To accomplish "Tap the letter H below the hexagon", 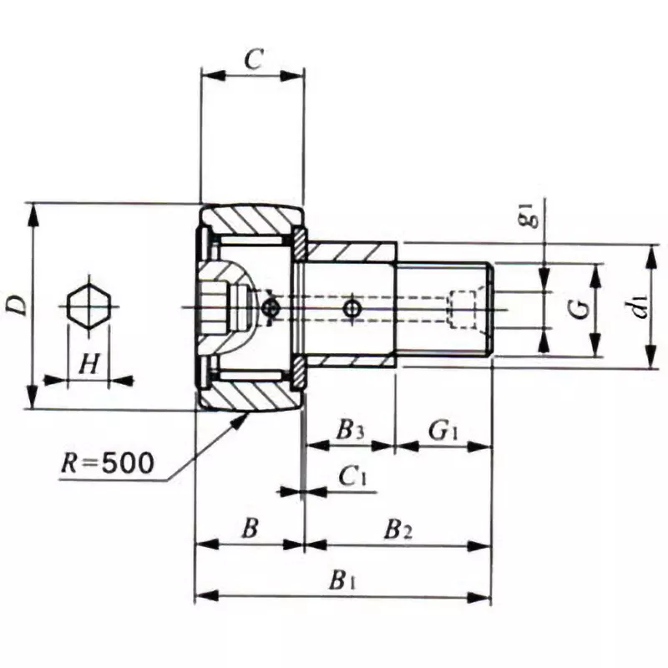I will coord(89,364).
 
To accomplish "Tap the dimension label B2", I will coord(397,529).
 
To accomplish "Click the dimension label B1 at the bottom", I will coord(342,579).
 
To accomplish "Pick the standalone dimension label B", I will coord(249,529).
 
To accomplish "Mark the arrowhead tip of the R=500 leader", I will coord(249,413).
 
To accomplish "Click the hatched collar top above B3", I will coord(351,250).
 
